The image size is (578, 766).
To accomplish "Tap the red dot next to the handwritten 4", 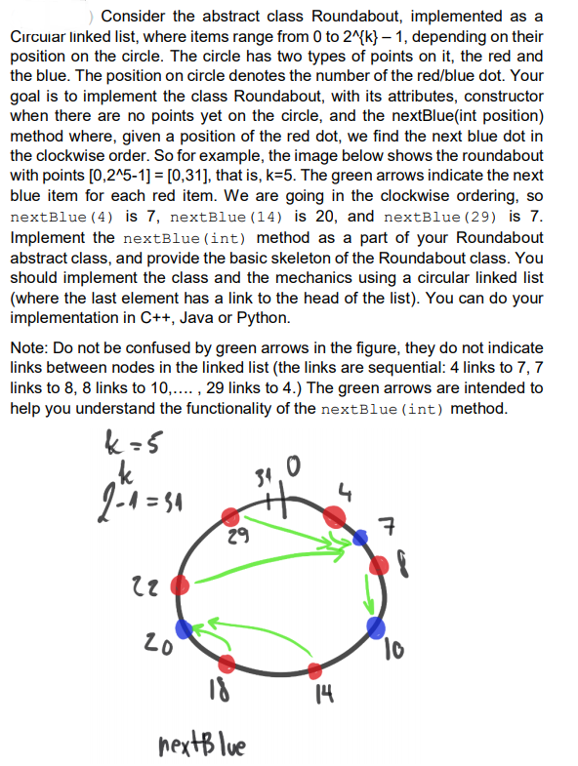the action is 334,515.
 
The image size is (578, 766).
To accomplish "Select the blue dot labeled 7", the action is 361,536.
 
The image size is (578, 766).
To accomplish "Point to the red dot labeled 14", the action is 315,670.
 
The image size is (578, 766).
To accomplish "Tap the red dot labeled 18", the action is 227,665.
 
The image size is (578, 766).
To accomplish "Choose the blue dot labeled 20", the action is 184,628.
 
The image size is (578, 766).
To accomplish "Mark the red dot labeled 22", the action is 180,585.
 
